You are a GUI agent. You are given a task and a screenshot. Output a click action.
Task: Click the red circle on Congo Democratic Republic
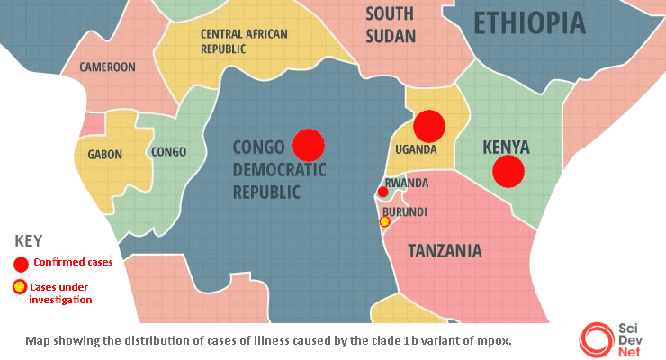[308, 144]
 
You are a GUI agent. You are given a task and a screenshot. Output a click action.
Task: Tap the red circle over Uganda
[429, 125]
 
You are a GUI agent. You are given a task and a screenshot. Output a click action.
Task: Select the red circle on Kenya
[508, 171]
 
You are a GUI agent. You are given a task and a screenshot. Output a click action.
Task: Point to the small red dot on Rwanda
[383, 192]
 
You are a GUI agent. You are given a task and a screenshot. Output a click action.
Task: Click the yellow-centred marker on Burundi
[385, 221]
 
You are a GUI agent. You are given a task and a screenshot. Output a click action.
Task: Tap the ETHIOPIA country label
[529, 23]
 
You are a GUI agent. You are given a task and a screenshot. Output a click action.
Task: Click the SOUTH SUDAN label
[391, 25]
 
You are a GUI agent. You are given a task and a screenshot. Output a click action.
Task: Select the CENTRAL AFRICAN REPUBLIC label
[244, 41]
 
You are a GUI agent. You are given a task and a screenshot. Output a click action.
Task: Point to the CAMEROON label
[108, 67]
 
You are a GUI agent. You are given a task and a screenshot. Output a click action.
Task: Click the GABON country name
[104, 155]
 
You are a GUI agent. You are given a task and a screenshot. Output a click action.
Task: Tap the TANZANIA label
[445, 251]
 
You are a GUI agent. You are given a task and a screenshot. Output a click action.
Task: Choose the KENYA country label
[506, 147]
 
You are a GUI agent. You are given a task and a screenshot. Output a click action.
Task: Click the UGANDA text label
[416, 149]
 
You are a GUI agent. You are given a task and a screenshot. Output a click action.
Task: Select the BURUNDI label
[405, 212]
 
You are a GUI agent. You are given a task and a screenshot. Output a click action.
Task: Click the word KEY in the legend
[29, 241]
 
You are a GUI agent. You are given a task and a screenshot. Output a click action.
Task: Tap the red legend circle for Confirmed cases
[20, 264]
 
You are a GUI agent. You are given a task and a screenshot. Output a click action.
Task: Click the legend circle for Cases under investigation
[20, 288]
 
